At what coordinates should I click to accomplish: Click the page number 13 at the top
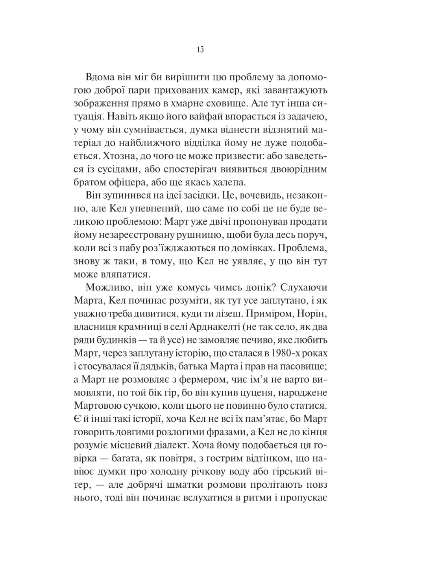tap(200, 50)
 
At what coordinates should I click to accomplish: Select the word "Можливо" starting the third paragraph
tap(107, 288)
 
